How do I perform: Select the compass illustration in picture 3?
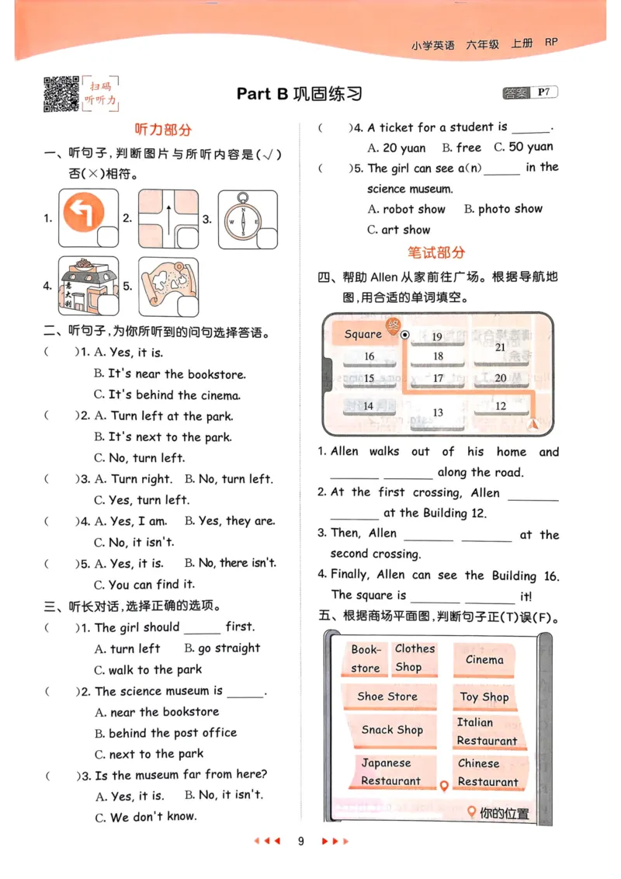point(243,217)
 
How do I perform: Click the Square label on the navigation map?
point(363,334)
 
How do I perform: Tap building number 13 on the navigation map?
point(438,412)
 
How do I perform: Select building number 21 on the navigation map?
point(500,347)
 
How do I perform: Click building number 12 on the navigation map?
point(500,405)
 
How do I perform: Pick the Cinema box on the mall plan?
point(485,660)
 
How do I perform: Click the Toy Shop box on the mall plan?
point(484,697)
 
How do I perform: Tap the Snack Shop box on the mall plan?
point(392,730)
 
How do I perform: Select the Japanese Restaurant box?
point(390,772)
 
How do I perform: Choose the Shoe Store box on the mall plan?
point(387,697)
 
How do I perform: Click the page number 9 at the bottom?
point(301,841)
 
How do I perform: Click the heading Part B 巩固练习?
point(299,94)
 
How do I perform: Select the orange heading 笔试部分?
point(436,252)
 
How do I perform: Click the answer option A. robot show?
point(407,209)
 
